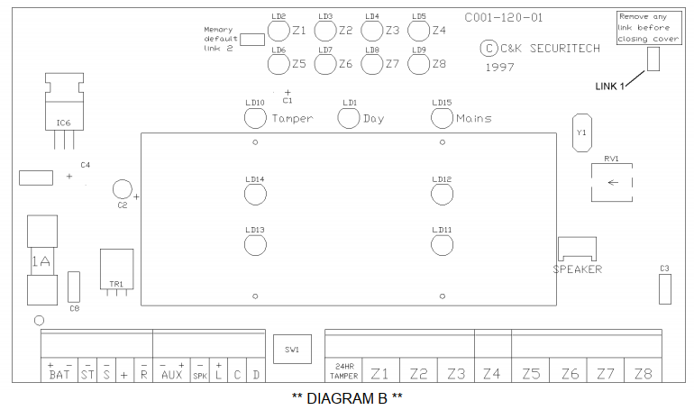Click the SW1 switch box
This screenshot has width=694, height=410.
point(292,349)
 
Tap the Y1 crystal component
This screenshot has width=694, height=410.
point(581,132)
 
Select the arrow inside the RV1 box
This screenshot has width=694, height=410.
point(613,182)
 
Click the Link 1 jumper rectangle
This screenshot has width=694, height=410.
point(653,59)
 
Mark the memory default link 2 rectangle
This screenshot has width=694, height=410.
point(252,40)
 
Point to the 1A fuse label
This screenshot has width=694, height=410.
point(41,261)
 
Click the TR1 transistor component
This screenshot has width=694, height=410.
point(117,269)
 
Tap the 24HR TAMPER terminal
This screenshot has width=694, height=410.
point(344,371)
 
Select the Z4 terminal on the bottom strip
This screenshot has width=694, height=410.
point(492,374)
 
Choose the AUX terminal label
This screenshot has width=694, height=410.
point(172,375)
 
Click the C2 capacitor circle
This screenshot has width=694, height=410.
point(123,189)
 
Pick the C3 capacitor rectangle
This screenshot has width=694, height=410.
point(665,289)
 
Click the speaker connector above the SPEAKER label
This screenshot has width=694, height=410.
point(577,249)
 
